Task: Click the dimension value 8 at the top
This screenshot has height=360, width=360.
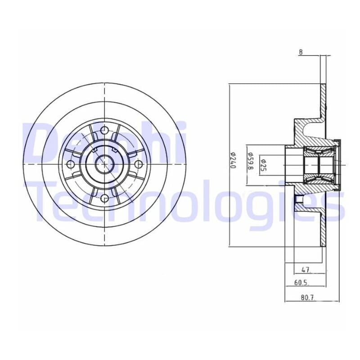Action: click(x=301, y=52)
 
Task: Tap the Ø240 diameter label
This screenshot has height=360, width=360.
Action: click(x=233, y=160)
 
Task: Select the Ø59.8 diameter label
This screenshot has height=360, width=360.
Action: click(x=250, y=161)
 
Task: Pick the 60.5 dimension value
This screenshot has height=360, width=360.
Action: click(x=301, y=283)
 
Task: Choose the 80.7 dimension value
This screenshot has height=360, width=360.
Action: click(x=307, y=297)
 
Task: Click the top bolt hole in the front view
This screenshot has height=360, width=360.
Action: click(x=104, y=130)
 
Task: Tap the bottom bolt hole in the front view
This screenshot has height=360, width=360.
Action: click(x=104, y=198)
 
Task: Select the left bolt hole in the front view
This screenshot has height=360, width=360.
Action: click(x=71, y=164)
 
